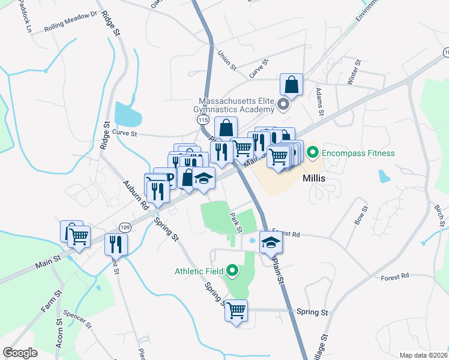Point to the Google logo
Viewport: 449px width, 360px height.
click(20, 353)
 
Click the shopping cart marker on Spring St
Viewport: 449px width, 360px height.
click(237, 311)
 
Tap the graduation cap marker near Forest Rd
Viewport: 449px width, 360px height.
click(270, 242)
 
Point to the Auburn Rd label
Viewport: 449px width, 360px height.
click(136, 194)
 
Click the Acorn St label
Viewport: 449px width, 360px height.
click(60, 335)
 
